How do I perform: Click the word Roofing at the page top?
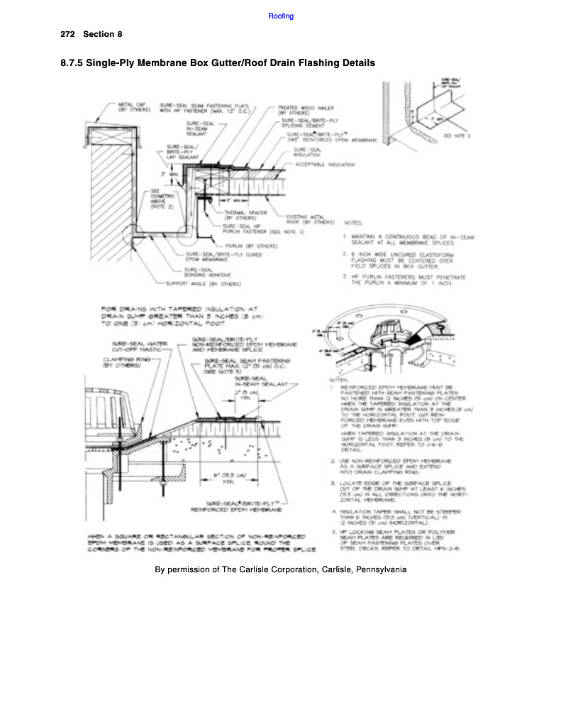(282, 16)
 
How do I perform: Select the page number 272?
(68, 34)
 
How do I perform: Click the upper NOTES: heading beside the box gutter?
(355, 222)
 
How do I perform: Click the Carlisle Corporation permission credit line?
(280, 569)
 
